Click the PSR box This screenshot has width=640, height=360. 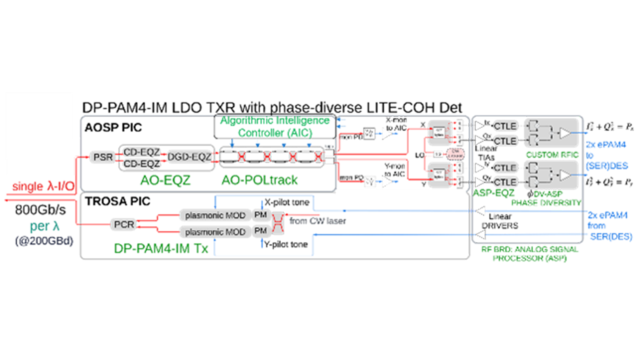tap(103, 157)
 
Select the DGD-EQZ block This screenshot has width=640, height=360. tap(189, 157)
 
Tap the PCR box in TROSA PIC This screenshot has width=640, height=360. tap(124, 224)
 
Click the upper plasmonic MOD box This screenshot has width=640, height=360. tap(215, 215)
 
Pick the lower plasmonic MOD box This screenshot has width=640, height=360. tap(215, 232)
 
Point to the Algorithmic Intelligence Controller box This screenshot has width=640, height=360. tap(275, 127)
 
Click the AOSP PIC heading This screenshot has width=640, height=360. tap(113, 127)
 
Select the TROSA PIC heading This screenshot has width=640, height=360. tap(117, 201)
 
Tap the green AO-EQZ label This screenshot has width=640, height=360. tap(165, 180)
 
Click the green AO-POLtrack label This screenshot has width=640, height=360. tap(259, 180)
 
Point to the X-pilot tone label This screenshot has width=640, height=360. tap(287, 202)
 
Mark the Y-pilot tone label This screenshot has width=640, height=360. tap(286, 244)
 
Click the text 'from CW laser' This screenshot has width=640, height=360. tap(317, 221)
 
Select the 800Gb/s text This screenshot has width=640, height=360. tap(40, 210)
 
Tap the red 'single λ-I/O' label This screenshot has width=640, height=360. tap(43, 186)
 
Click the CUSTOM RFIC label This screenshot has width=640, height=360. tap(552, 155)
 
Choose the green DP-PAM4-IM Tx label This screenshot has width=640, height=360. tap(161, 249)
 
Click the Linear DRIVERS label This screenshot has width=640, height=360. tap(500, 221)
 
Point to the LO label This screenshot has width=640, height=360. tap(419, 155)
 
